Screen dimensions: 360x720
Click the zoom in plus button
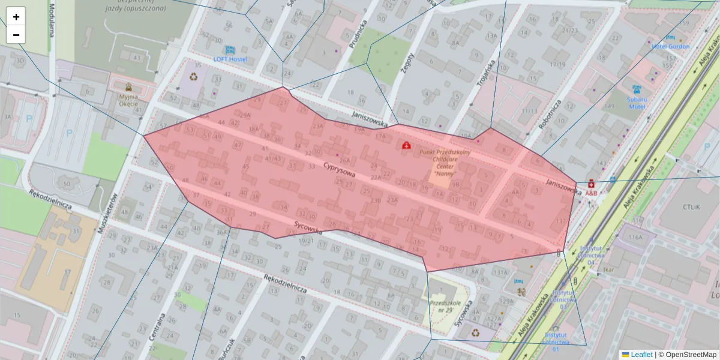pos(16,17)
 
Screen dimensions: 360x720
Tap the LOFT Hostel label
pos(230,59)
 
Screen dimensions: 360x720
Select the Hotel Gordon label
pos(670,46)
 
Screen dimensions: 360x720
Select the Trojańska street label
pos(491,73)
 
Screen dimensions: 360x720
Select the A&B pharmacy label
pos(591,193)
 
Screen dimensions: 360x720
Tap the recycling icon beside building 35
pos(194,76)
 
